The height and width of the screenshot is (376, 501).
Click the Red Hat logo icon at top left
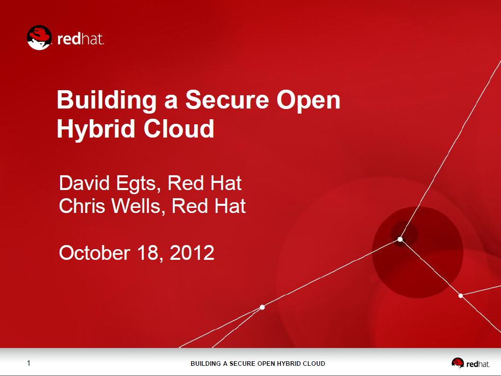pyautogui.click(x=39, y=38)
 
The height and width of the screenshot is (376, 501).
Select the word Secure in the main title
pyautogui.click(x=227, y=100)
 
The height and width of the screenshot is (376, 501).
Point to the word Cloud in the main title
pyautogui.click(x=179, y=128)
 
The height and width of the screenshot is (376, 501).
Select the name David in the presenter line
pyautogui.click(x=85, y=183)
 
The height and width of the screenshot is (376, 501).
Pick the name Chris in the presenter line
pyautogui.click(x=82, y=206)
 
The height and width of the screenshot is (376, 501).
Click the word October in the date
pyautogui.click(x=95, y=253)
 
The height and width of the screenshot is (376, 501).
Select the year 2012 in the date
pyautogui.click(x=192, y=253)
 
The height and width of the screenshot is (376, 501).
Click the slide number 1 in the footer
pyautogui.click(x=29, y=363)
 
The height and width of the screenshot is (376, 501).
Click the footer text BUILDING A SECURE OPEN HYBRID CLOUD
pyautogui.click(x=258, y=364)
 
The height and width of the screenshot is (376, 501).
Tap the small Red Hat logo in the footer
pyautogui.click(x=470, y=363)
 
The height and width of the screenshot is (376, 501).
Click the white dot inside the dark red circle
pyautogui.click(x=400, y=239)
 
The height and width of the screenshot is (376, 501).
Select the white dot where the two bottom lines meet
pyautogui.click(x=262, y=307)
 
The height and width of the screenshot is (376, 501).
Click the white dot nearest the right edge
pyautogui.click(x=461, y=296)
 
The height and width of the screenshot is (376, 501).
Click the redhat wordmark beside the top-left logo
pyautogui.click(x=81, y=39)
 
